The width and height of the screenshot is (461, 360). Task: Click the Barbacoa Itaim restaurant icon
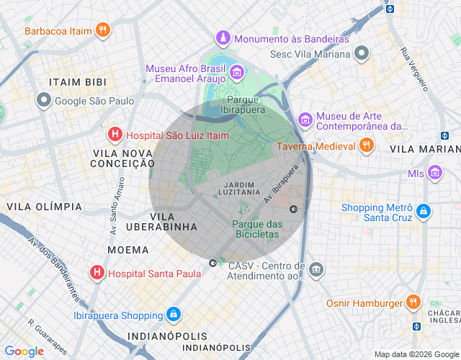coord(104,30)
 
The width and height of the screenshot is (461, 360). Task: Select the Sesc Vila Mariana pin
coord(361,53)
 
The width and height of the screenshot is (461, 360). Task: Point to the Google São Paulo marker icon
coord(45,101)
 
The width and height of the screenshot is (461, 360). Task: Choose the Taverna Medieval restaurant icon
coord(367,145)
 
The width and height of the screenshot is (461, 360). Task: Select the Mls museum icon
coord(434,173)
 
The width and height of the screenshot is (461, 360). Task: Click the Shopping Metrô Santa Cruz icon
coord(424,212)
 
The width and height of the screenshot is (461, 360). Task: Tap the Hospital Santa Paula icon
coord(96,273)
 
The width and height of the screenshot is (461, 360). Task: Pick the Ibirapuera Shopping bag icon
coord(173,315)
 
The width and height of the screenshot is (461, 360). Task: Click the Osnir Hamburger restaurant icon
coord(413,302)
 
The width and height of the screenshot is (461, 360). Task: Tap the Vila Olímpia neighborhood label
coord(44,207)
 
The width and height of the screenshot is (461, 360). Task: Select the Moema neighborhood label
coord(127,250)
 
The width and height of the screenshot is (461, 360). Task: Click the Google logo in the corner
coord(24,351)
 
